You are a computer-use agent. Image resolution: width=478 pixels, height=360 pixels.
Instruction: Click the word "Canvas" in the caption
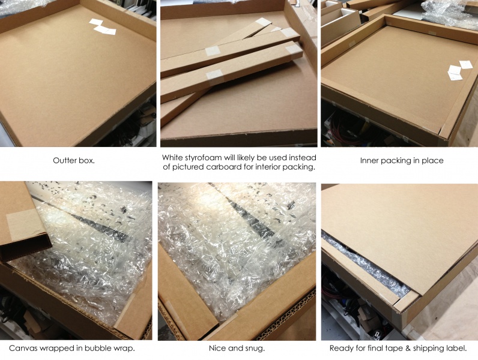[x=23, y=348]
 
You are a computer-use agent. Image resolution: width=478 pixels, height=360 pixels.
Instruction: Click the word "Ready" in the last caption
[x=342, y=348]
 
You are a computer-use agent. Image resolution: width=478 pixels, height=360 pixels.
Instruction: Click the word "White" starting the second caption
[x=174, y=157]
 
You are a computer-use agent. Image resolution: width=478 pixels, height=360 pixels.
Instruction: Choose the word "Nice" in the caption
[x=220, y=348]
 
